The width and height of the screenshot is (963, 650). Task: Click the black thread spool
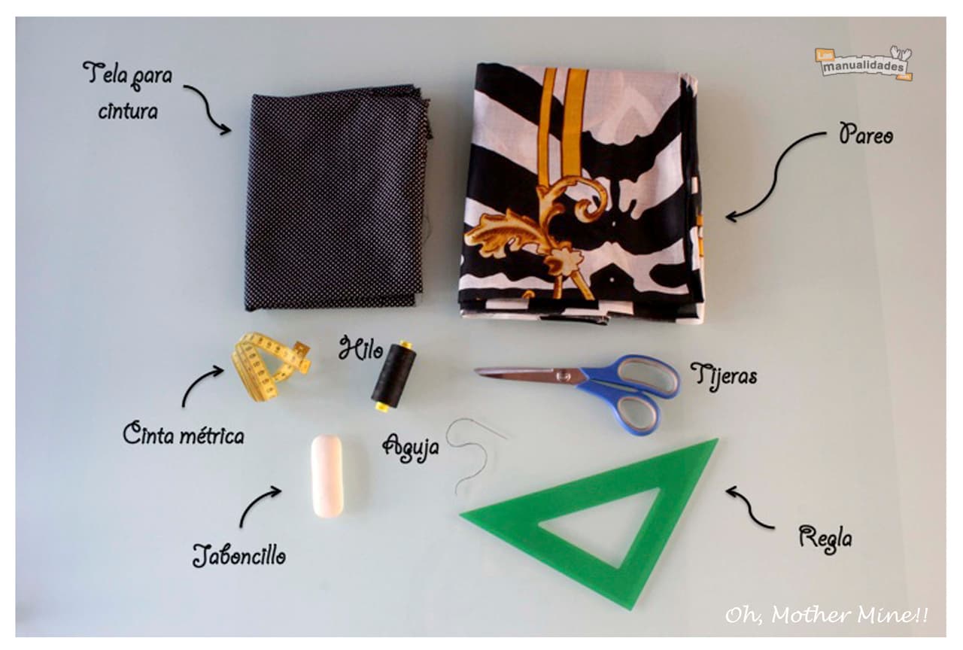(x=393, y=375)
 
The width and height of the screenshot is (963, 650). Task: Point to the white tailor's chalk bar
(x=327, y=475)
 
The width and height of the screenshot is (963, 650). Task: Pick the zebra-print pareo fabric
(x=580, y=193)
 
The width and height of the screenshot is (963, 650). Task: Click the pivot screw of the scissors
(x=562, y=375)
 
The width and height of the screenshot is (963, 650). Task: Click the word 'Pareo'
(x=865, y=134)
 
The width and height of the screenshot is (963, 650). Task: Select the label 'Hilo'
(x=360, y=348)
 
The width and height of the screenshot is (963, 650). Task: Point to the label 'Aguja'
(x=411, y=448)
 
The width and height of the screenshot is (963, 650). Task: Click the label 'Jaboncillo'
(x=239, y=555)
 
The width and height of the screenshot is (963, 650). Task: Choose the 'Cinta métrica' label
(x=184, y=435)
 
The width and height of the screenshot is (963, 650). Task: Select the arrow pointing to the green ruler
(x=750, y=508)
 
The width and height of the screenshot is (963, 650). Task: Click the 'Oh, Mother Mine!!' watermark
(x=826, y=615)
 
